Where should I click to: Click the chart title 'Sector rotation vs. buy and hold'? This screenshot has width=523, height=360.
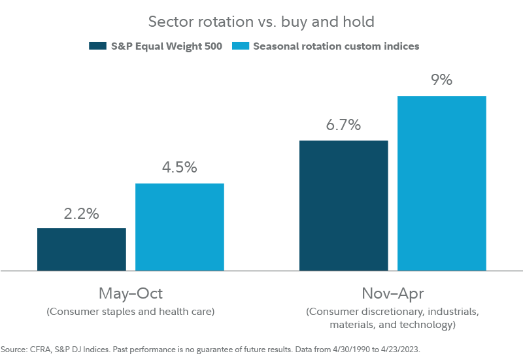click(261, 22)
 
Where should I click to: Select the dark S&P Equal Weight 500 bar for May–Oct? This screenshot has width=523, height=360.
click(82, 249)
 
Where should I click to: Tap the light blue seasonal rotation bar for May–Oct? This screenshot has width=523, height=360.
click(180, 226)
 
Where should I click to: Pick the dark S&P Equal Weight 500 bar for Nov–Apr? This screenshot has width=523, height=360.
click(344, 205)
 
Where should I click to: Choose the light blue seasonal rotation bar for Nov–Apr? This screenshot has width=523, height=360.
click(442, 183)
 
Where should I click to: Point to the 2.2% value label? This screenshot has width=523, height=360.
click(82, 213)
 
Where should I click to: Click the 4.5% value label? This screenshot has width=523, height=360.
click(180, 168)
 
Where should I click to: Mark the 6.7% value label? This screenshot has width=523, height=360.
click(344, 125)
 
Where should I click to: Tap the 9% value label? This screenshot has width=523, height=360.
click(442, 80)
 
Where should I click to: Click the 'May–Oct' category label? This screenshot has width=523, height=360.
click(131, 292)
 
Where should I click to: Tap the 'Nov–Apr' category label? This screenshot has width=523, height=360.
click(392, 292)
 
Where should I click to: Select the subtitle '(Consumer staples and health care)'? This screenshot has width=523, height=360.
click(131, 312)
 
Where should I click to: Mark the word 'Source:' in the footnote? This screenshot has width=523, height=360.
click(14, 350)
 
